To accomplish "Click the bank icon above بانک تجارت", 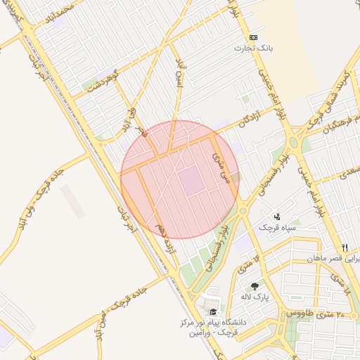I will tap(253, 37).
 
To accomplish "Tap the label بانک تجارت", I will tap(253, 49).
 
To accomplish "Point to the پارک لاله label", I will tap(255, 297).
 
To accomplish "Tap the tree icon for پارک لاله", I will tap(254, 286).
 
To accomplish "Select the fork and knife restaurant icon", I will tap(345, 247).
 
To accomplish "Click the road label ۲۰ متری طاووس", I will tap(310, 312).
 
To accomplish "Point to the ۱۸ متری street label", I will tap(339, 281).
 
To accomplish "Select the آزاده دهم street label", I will tap(167, 238).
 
